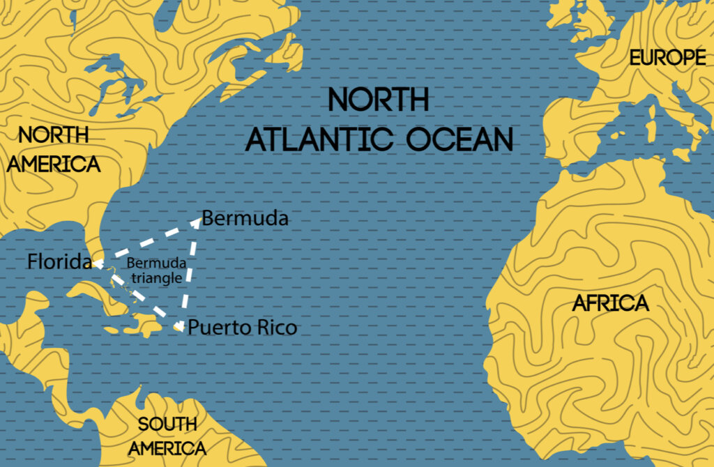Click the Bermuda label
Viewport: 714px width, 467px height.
click(245, 219)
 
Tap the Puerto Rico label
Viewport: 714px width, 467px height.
click(242, 327)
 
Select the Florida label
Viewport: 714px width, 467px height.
click(59, 263)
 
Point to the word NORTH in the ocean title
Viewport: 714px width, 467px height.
click(379, 100)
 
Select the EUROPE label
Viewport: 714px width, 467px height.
click(667, 58)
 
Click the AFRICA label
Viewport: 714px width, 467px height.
click(610, 303)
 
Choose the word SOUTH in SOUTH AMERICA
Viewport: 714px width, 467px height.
click(167, 424)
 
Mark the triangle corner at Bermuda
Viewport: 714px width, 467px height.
click(199, 220)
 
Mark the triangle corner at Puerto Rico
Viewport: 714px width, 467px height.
click(180, 326)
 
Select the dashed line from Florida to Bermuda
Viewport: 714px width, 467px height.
click(149, 242)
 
